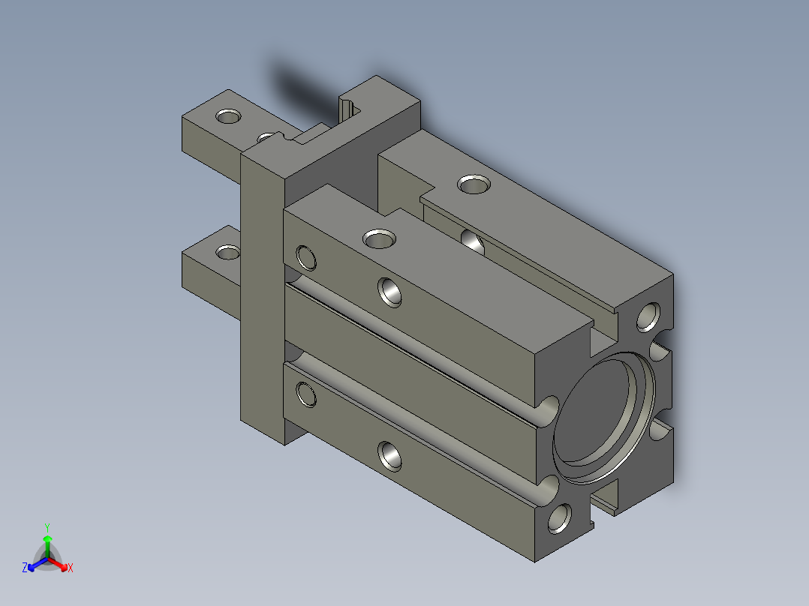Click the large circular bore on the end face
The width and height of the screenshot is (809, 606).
(603, 418)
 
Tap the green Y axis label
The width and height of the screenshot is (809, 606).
(47, 527)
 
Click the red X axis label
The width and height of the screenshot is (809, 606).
(71, 568)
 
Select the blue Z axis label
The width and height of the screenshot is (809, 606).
(25, 567)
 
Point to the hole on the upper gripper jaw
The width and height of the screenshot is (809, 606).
(228, 116)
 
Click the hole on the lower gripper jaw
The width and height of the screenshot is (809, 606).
(227, 252)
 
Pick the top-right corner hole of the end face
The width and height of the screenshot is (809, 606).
(648, 317)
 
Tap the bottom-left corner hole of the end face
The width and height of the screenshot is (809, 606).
(559, 518)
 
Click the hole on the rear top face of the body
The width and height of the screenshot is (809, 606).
(474, 184)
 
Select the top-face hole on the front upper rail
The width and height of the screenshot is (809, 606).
(379, 238)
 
